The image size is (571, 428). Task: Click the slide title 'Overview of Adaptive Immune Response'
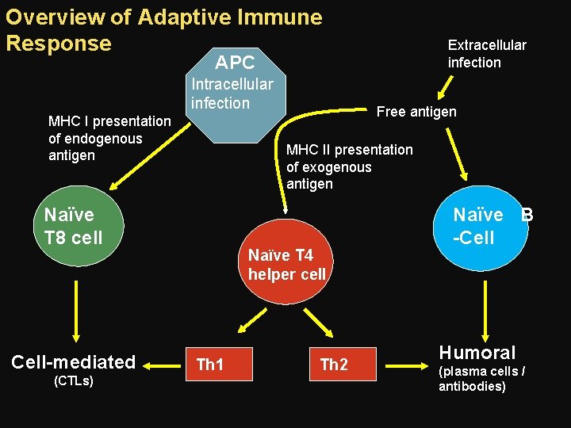click(x=163, y=29)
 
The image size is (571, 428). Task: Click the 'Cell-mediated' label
click(x=74, y=362)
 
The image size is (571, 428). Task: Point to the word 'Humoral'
click(x=477, y=353)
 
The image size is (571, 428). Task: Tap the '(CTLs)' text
click(x=73, y=381)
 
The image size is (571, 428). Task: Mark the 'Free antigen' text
click(x=416, y=112)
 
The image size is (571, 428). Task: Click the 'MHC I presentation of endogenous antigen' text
click(x=109, y=138)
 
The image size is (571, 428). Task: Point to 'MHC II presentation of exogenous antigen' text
click(x=349, y=166)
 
